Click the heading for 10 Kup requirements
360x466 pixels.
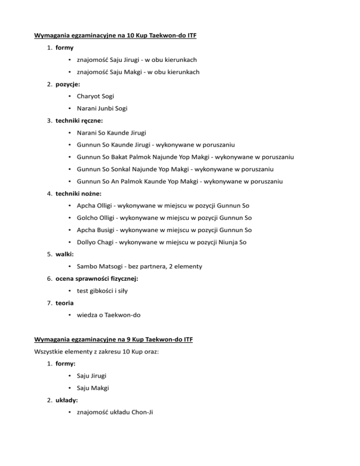115,35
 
